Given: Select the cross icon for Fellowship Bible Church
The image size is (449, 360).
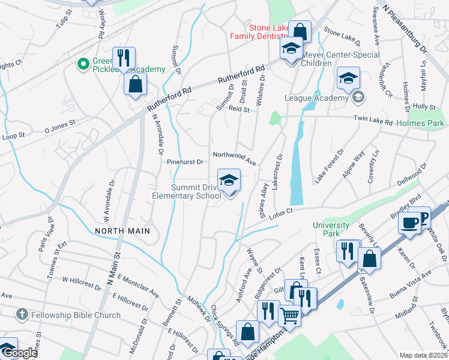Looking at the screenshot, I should pyautogui.click(x=22, y=314).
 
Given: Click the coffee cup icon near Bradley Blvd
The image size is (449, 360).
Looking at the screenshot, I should pyautogui.click(x=411, y=222).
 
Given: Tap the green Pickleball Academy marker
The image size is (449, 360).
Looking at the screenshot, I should pyautogui.click(x=83, y=63).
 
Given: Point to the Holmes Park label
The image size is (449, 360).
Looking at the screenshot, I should pyautogui.click(x=421, y=123).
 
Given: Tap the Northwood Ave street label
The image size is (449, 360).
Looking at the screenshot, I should pyautogui.click(x=234, y=158).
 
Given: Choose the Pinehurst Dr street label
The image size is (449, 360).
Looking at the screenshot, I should pyautogui.click(x=185, y=162).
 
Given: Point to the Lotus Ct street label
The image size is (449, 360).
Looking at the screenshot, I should pyautogui.click(x=280, y=212).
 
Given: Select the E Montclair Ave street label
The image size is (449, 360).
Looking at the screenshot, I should pyautogui.click(x=139, y=285).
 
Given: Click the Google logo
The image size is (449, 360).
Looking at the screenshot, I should pyautogui.click(x=19, y=353).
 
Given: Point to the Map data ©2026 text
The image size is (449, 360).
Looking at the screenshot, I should pyautogui.click(x=423, y=355).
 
